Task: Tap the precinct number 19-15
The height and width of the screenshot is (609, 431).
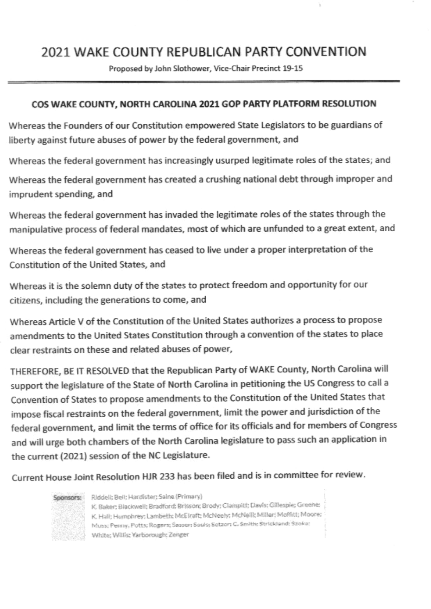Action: click(x=292, y=69)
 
